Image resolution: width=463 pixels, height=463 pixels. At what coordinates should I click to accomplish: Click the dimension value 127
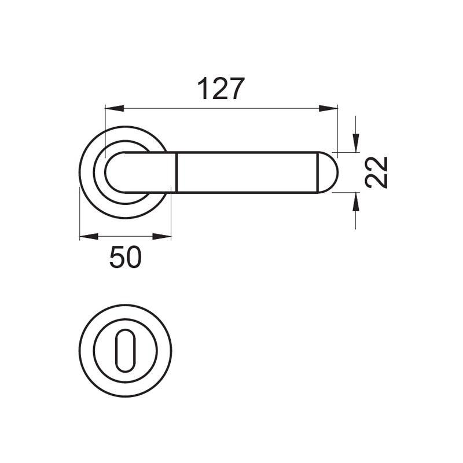[x=222, y=89]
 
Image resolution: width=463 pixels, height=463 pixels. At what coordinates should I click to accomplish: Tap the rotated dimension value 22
[x=376, y=172]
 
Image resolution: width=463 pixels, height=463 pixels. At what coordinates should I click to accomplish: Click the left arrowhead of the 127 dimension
[x=114, y=108]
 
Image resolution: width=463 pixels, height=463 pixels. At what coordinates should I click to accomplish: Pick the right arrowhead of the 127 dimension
[x=328, y=108]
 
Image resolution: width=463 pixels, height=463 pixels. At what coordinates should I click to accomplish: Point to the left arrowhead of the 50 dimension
[x=89, y=236]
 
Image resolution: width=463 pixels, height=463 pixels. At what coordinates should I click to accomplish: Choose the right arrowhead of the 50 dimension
[x=162, y=236]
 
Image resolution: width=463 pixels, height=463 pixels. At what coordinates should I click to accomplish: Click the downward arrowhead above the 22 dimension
[x=356, y=143]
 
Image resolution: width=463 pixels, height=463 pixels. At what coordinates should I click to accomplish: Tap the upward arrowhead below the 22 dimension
[x=356, y=202]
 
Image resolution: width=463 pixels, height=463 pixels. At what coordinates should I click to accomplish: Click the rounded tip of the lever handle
[x=328, y=172]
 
